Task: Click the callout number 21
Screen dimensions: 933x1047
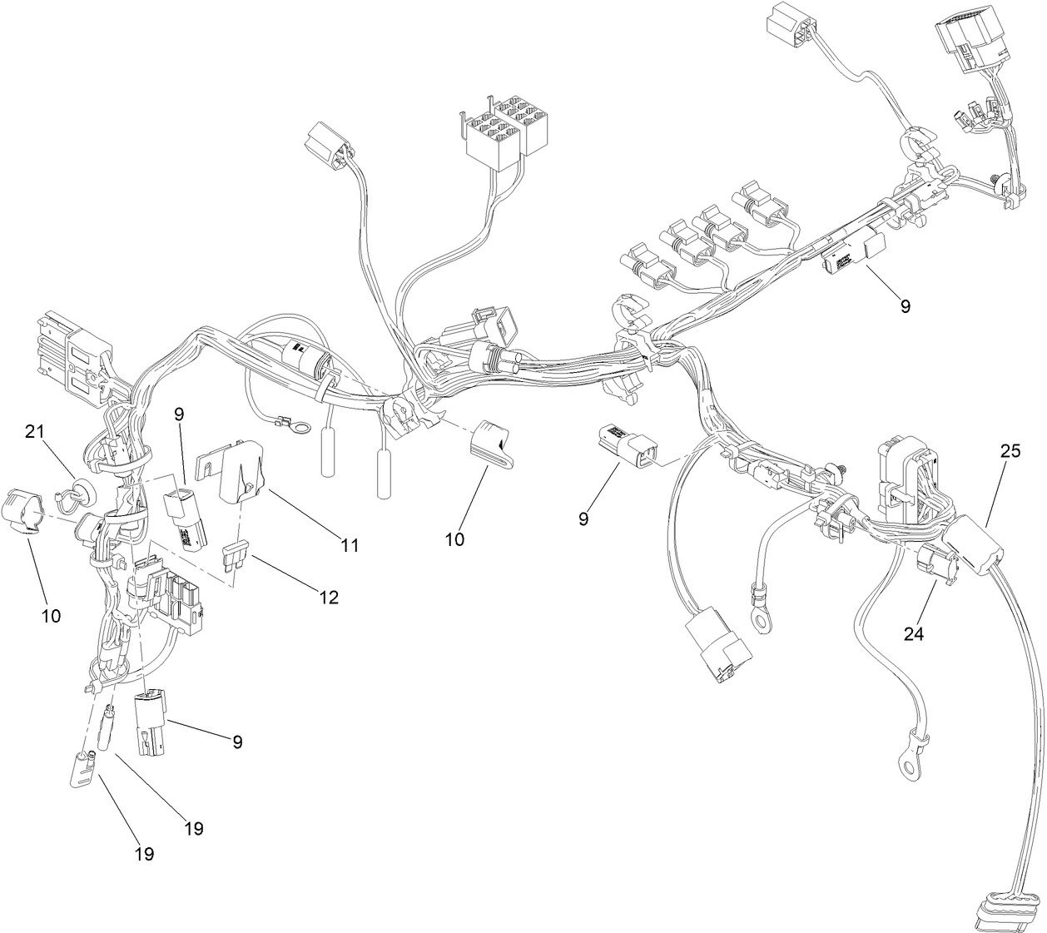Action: click(34, 430)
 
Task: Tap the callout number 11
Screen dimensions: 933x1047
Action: click(350, 545)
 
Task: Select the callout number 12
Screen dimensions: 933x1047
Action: click(330, 597)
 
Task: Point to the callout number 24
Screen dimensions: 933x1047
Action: click(913, 633)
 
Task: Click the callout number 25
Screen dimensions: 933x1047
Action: click(1010, 452)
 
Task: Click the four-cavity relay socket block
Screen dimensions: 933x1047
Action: click(501, 133)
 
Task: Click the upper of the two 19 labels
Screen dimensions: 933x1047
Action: click(193, 828)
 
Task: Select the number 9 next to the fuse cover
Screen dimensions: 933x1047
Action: click(179, 413)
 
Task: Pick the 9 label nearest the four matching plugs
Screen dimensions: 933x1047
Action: click(905, 305)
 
